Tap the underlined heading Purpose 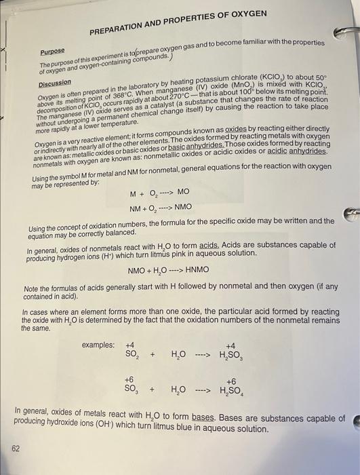point(52,52)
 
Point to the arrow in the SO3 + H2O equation point(204,392)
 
